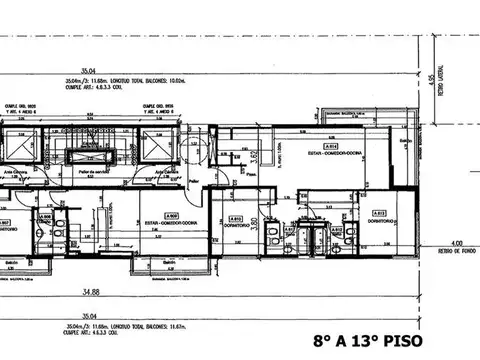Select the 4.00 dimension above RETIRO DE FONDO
(455, 242)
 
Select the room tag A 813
(379, 213)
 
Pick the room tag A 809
(172, 214)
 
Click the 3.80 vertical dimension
(255, 223)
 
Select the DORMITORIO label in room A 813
(379, 221)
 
